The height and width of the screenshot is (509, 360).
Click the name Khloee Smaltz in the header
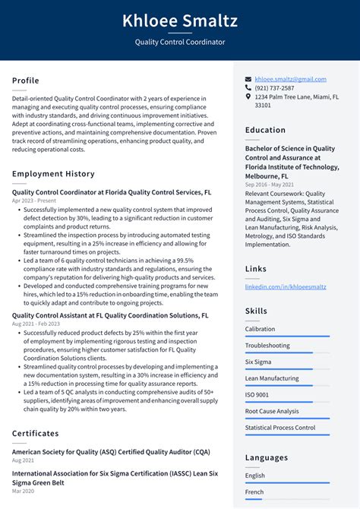click(180, 20)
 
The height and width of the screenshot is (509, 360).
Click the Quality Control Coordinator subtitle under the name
click(180, 42)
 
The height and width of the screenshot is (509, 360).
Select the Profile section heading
click(26, 81)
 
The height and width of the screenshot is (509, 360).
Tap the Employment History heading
click(53, 174)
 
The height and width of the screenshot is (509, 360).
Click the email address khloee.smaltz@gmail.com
click(291, 79)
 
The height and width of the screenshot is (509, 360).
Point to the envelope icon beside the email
click(248, 79)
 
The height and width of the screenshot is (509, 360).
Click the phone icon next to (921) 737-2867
click(248, 88)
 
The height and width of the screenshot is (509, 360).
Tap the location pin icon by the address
click(248, 97)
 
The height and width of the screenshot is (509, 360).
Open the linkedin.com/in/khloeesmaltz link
click(286, 286)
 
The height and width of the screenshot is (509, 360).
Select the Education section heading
click(265, 130)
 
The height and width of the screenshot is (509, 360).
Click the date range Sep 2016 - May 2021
click(269, 185)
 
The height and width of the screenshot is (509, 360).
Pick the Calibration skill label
click(261, 329)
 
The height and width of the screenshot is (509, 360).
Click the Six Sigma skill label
click(258, 362)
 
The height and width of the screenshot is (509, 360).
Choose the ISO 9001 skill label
click(257, 395)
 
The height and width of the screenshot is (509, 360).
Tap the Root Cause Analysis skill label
click(272, 411)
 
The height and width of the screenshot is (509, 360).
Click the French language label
click(255, 492)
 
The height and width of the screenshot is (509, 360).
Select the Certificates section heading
click(35, 434)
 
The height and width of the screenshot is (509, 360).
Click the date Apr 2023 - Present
click(34, 201)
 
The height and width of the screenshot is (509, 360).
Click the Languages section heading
click(267, 458)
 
